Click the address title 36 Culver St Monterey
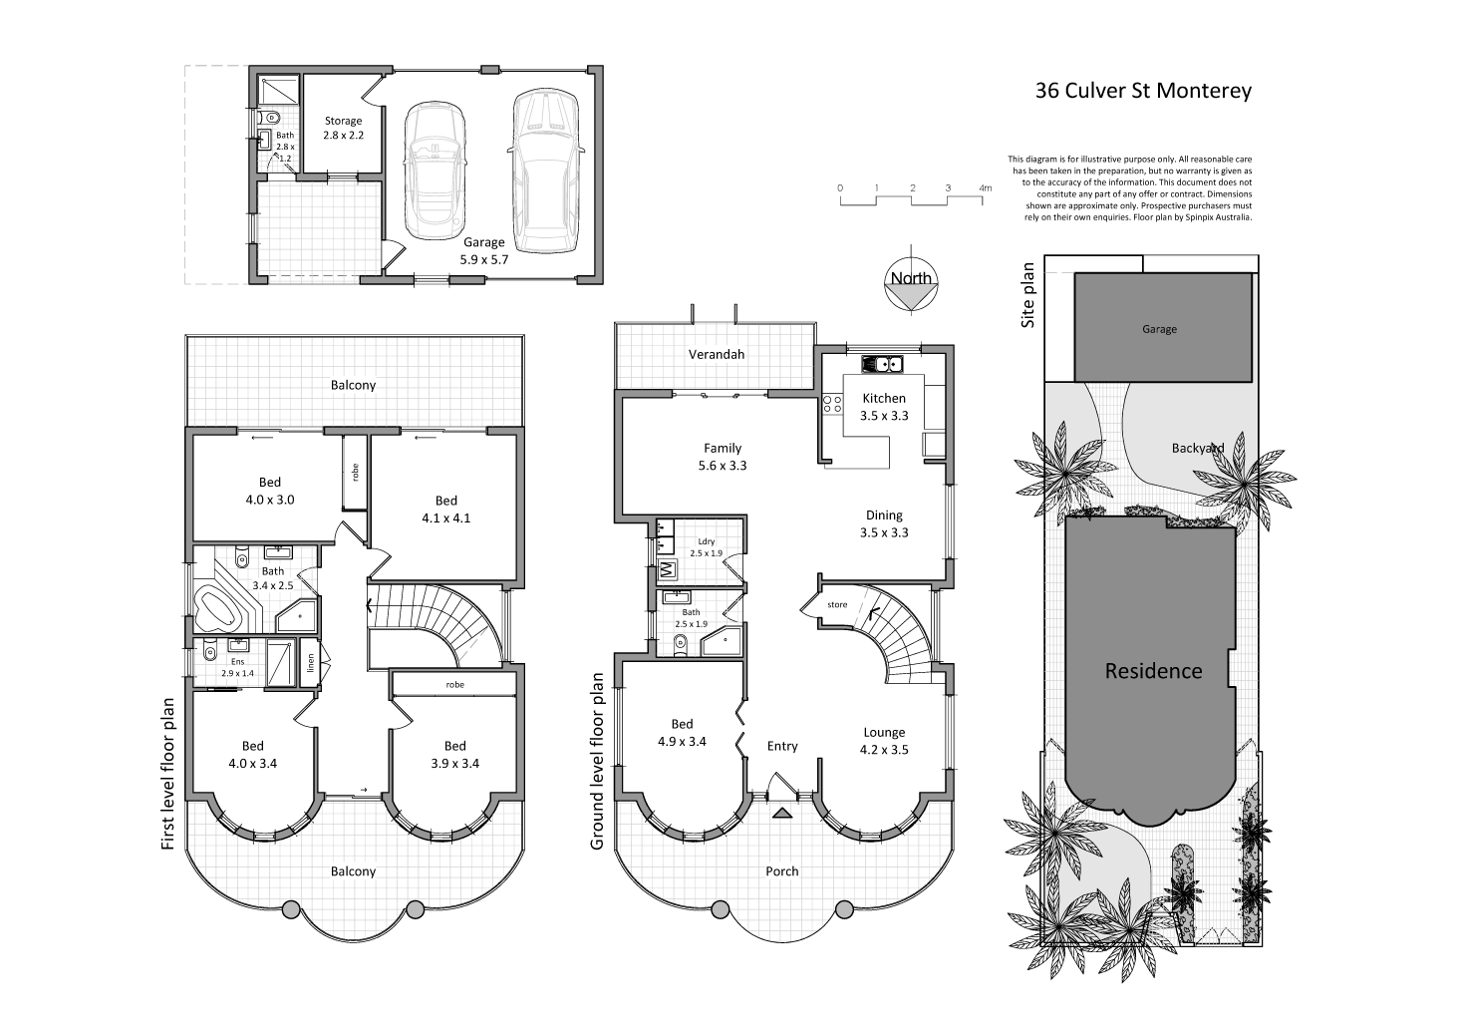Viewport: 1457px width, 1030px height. [1143, 91]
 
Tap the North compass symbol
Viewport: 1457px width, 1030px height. [911, 285]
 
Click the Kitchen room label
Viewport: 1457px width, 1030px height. [884, 407]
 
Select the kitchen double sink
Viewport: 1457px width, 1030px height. [882, 364]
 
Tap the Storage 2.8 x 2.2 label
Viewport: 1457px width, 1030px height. [342, 128]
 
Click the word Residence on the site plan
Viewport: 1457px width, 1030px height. [1153, 671]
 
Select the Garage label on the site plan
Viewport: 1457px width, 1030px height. [1159, 329]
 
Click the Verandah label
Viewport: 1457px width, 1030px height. [717, 354]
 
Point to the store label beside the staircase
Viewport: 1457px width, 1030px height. [837, 604]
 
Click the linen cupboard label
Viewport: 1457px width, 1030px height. [311, 662]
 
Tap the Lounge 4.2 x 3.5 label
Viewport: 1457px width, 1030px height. [884, 741]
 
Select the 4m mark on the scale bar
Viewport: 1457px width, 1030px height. [985, 188]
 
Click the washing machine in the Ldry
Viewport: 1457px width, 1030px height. [666, 570]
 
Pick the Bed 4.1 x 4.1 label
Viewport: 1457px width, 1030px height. [445, 509]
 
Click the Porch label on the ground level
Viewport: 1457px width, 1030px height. [781, 870]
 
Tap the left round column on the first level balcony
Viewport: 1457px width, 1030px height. [291, 908]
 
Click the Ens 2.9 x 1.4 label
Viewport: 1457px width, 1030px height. [237, 667]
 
